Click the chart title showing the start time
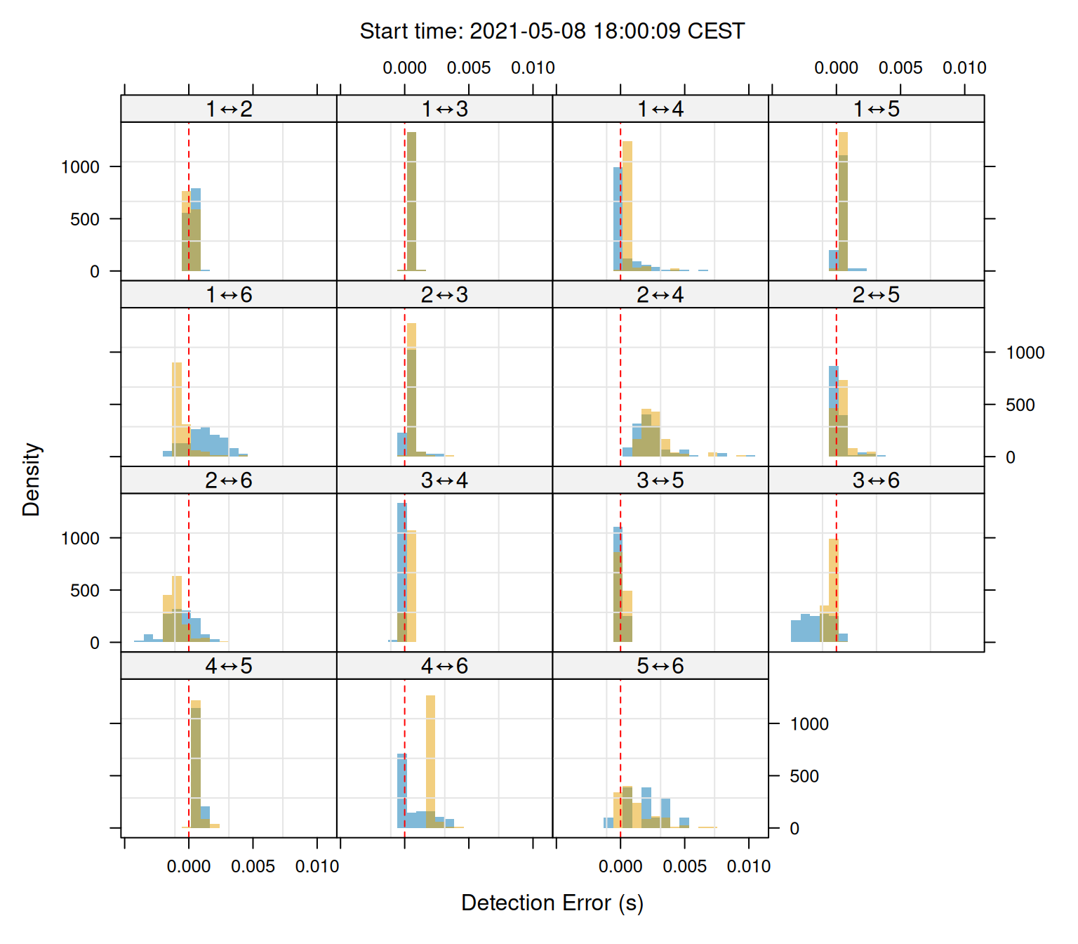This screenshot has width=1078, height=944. [x=552, y=32]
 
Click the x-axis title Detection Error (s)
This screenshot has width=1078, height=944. [x=552, y=903]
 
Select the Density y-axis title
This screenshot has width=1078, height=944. [x=32, y=480]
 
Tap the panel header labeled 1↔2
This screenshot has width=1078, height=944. [x=229, y=109]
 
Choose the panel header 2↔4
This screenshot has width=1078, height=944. [x=660, y=295]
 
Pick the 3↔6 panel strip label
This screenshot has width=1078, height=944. [x=876, y=480]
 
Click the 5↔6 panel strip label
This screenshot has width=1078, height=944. [x=660, y=666]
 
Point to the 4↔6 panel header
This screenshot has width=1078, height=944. [x=444, y=666]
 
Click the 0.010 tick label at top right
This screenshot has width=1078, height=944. [x=964, y=68]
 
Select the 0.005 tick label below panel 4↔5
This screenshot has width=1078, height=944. [x=253, y=867]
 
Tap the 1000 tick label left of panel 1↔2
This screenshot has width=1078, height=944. [x=81, y=167]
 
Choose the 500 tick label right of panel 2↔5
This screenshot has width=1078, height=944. [x=1020, y=405]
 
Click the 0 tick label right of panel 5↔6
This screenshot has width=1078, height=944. [x=794, y=829]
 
